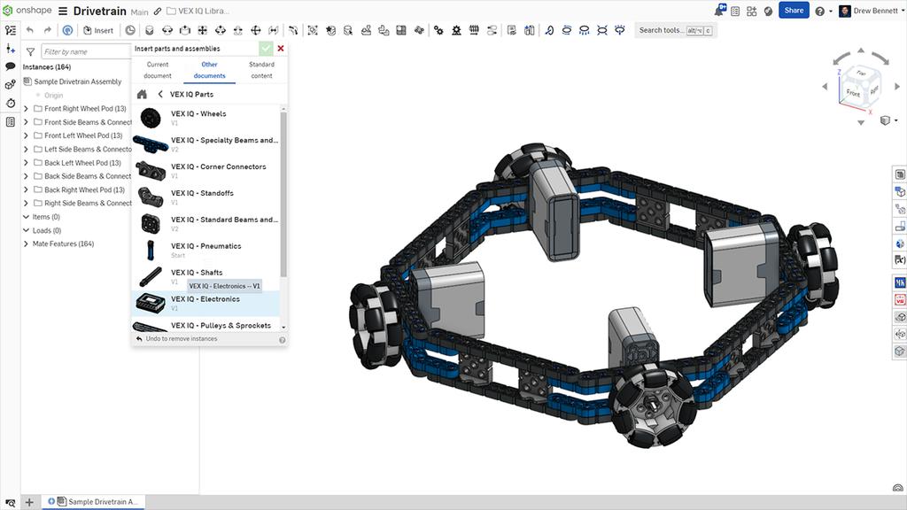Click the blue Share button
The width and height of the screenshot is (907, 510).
click(794, 11)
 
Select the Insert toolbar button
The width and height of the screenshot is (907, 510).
click(98, 30)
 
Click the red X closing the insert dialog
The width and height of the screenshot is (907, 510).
click(281, 49)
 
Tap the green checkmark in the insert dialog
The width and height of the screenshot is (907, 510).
click(266, 49)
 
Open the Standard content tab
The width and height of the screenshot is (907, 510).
click(261, 70)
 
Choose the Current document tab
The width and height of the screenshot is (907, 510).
click(158, 70)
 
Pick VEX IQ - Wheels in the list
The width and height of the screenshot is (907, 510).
click(198, 114)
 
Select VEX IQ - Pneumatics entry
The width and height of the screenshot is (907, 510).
click(205, 246)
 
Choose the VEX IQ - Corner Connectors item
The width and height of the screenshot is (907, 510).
click(218, 166)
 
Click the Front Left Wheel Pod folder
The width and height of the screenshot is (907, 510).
click(83, 135)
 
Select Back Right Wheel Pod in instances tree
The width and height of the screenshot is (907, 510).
click(85, 189)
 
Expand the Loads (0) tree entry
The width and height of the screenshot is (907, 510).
click(26, 230)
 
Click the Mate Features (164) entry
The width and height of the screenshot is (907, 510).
click(63, 243)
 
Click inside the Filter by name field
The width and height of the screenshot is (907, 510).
click(84, 52)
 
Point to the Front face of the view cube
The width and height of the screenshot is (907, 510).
click(852, 92)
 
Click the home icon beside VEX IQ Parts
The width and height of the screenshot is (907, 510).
click(142, 94)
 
